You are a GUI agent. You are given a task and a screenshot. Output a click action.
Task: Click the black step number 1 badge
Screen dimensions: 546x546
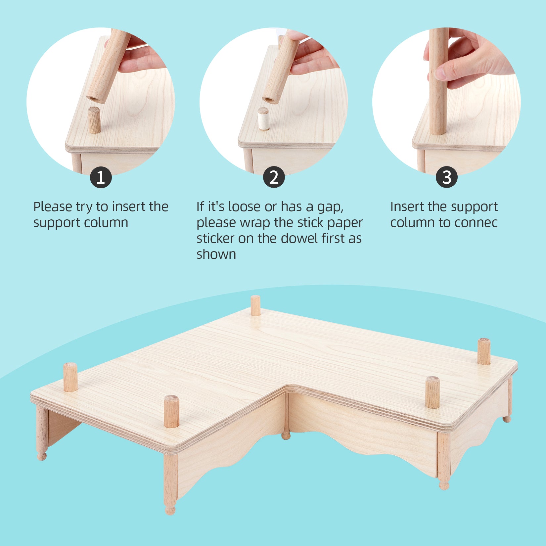point(101,177)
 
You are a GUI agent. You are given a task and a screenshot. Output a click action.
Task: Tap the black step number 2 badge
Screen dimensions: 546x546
point(274,177)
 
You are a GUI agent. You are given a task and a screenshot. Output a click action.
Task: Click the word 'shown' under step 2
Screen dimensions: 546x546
point(216,254)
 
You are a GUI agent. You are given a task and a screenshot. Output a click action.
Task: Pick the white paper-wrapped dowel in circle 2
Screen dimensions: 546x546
point(263,119)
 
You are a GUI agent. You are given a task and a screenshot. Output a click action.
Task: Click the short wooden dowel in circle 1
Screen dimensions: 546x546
point(94,120)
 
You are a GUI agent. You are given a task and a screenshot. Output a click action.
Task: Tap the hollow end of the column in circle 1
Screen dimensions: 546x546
point(95,99)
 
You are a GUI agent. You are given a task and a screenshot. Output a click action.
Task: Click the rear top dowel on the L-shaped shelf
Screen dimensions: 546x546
point(255,305)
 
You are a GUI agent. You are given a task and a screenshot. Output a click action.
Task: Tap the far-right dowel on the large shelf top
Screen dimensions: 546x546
point(484,351)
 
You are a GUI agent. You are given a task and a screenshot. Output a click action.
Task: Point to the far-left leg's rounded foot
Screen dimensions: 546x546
point(42,456)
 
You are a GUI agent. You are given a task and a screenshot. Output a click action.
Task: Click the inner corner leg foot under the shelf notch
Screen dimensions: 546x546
point(286,436)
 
